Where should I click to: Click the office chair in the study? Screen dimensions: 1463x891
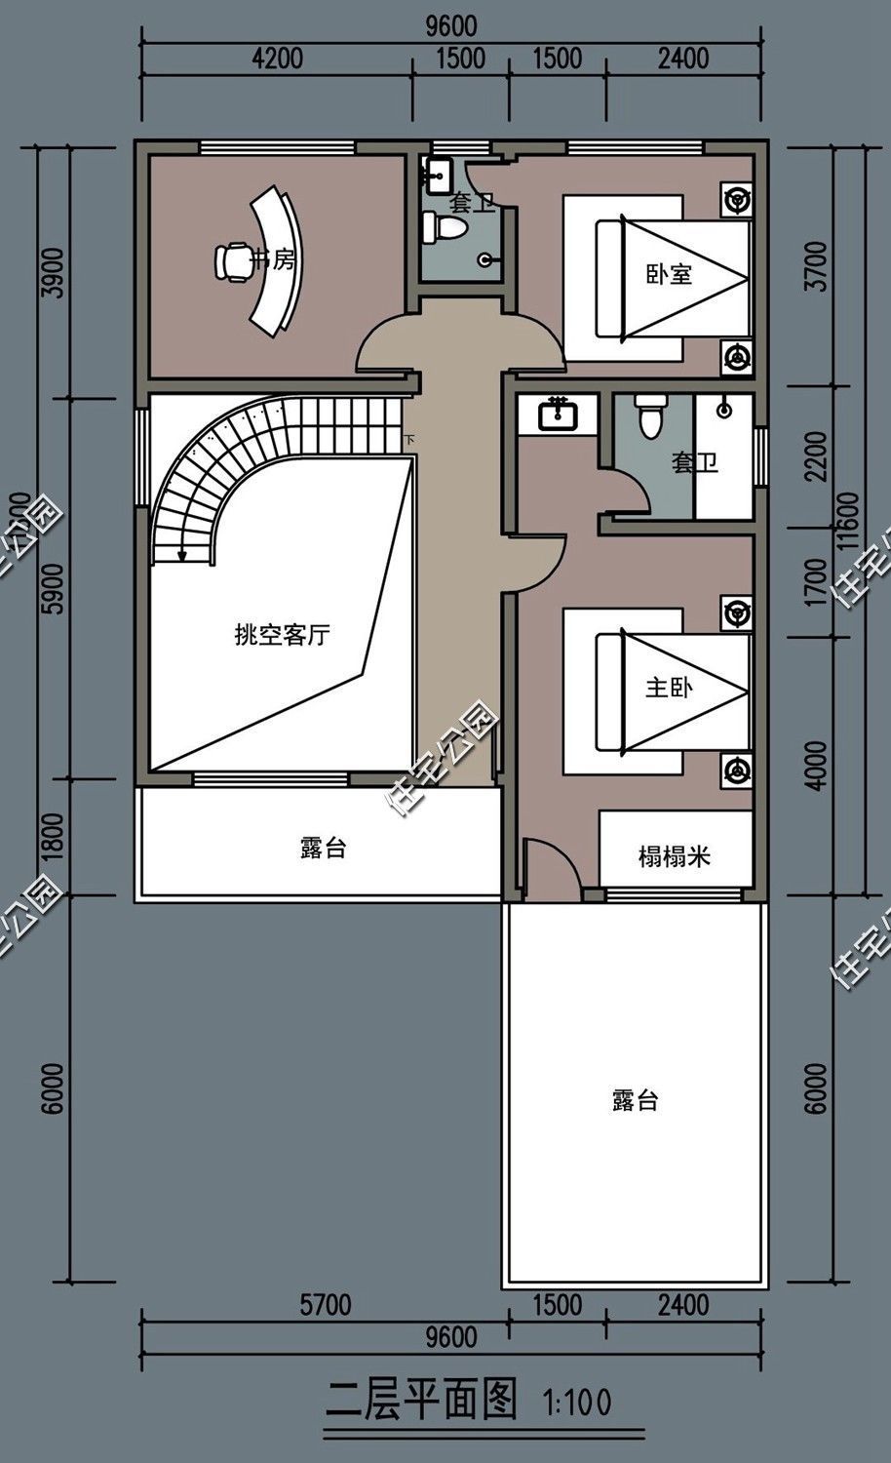pyautogui.click(x=232, y=260)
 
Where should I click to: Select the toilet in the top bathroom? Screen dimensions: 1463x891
pyautogui.click(x=444, y=227)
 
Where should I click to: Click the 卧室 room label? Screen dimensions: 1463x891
pyautogui.click(x=669, y=274)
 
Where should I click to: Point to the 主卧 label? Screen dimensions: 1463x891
pyautogui.click(x=669, y=688)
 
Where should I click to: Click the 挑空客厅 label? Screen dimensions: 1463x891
pyautogui.click(x=282, y=636)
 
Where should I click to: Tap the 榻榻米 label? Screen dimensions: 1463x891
pyautogui.click(x=674, y=857)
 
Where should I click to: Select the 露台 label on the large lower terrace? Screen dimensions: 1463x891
pyautogui.click(x=636, y=1101)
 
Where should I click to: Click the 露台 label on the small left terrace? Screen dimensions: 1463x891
pyautogui.click(x=323, y=848)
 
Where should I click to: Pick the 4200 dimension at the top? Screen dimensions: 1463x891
pyautogui.click(x=277, y=59)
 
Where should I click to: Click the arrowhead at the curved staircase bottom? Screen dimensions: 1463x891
pyautogui.click(x=181, y=555)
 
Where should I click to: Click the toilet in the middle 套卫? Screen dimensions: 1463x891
pyautogui.click(x=648, y=416)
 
